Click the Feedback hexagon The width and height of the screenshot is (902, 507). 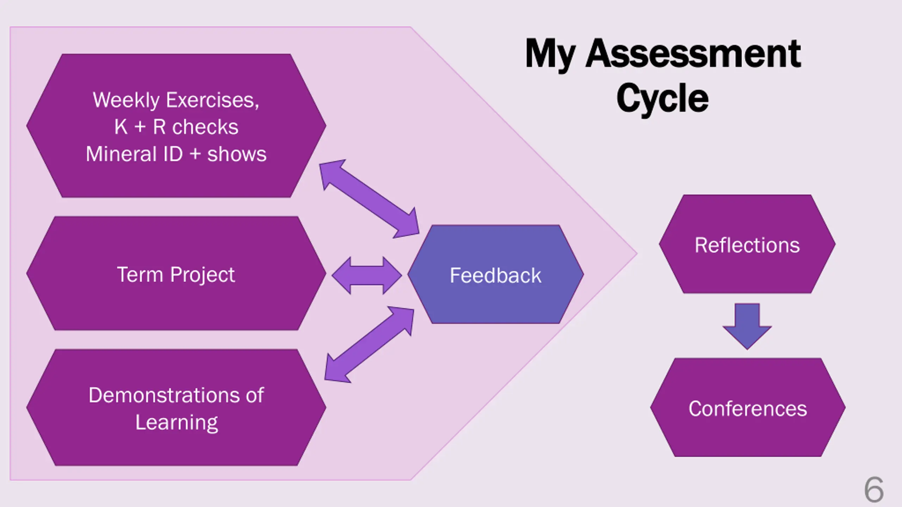[496, 274]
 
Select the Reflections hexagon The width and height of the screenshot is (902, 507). [747, 244]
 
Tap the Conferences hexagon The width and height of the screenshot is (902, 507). [748, 407]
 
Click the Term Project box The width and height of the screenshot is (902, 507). [176, 273]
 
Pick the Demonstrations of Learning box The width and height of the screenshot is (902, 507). [176, 407]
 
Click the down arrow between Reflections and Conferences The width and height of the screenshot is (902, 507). [747, 326]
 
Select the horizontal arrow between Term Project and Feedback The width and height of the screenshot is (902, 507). [367, 275]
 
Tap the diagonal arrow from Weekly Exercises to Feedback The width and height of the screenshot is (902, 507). [369, 199]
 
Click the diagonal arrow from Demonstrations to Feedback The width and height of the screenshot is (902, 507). [369, 344]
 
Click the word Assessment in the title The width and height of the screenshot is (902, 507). [693, 54]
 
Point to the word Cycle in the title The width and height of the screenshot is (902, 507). [662, 98]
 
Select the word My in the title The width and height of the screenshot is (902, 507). [550, 56]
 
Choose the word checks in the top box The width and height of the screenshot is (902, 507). [205, 127]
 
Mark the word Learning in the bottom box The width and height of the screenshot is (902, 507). [177, 423]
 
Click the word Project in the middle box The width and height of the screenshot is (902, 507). [203, 275]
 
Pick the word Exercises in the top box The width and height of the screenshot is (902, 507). [212, 101]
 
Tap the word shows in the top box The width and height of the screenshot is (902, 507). [237, 154]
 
